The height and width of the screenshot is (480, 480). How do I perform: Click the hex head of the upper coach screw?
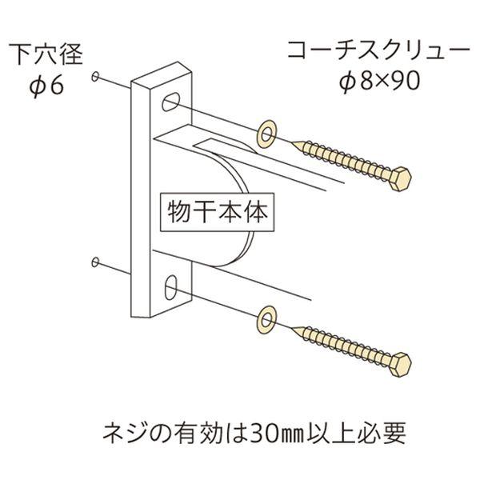coord(401,179)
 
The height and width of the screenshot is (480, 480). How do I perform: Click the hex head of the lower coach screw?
coord(401,365)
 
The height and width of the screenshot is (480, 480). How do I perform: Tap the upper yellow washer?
coord(266,134)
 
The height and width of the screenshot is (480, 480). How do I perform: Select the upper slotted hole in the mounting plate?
coord(170,102)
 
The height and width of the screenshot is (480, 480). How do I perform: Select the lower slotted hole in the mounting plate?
coord(171,287)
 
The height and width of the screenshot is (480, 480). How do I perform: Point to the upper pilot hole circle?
coord(95,77)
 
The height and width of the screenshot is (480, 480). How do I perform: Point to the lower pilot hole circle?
coord(95,262)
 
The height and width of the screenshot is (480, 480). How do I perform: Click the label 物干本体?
coord(218,212)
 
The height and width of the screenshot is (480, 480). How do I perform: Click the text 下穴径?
coord(46,54)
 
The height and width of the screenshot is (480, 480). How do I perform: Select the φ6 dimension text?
coord(46,86)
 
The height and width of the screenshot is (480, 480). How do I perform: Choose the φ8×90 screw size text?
coord(379,82)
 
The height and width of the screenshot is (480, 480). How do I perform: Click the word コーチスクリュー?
coord(378,50)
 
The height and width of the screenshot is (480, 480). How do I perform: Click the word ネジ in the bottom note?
coord(124,433)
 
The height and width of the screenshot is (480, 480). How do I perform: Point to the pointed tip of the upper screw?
coord(292,142)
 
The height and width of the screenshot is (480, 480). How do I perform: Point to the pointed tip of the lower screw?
coord(292,328)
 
